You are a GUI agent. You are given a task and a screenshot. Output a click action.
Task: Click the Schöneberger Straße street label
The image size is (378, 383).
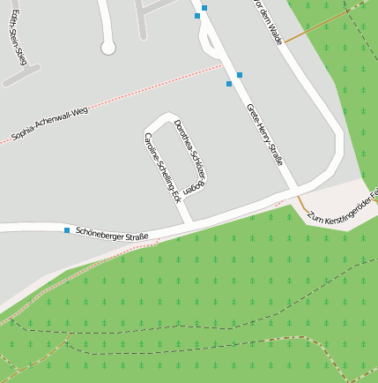click(112, 234)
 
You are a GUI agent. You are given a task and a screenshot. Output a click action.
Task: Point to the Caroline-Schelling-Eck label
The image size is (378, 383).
click(162, 164)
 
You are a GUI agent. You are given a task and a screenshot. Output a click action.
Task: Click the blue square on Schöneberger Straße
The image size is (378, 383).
click(67, 230)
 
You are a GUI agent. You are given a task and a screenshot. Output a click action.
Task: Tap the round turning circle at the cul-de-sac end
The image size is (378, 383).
click(108, 47)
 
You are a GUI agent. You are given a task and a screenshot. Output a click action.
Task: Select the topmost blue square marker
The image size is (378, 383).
click(204, 8)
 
